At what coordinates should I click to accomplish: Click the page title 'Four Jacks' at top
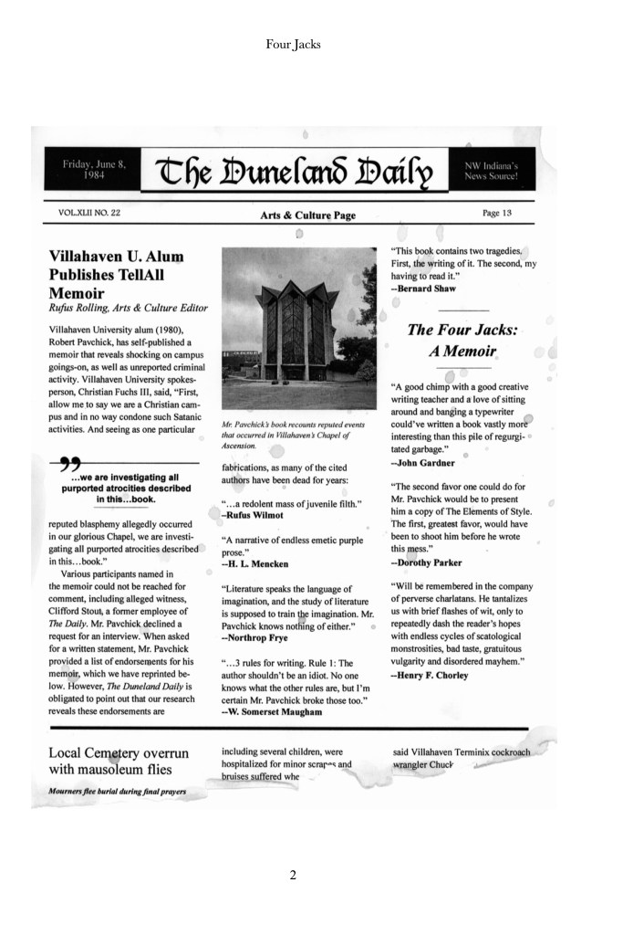[x=293, y=43]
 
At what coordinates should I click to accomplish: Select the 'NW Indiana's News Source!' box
[x=491, y=169]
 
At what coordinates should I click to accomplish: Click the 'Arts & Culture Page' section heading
[x=307, y=215]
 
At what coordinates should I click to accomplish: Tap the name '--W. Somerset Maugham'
[x=272, y=710]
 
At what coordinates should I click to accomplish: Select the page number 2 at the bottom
[x=293, y=875]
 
